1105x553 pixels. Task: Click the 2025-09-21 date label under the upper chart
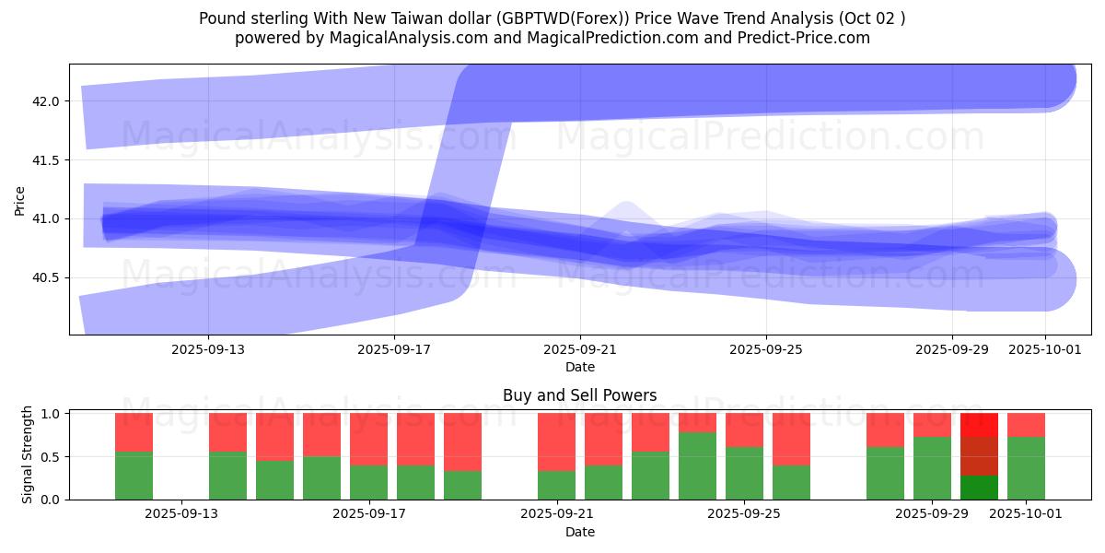580,349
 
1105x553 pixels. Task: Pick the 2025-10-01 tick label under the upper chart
1045,349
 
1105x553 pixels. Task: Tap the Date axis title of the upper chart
580,367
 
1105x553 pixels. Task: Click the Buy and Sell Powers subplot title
580,395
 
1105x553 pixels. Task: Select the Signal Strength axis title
28,455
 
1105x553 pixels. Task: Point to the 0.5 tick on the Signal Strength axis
52,456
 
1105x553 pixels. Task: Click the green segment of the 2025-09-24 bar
697,465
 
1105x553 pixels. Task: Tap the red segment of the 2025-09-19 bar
462,441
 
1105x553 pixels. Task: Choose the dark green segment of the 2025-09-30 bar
979,488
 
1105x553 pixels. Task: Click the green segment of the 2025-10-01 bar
1026,468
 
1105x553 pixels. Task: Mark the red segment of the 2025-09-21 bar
556,441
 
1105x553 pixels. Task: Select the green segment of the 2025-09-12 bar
134,476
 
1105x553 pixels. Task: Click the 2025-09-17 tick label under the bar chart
368,514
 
